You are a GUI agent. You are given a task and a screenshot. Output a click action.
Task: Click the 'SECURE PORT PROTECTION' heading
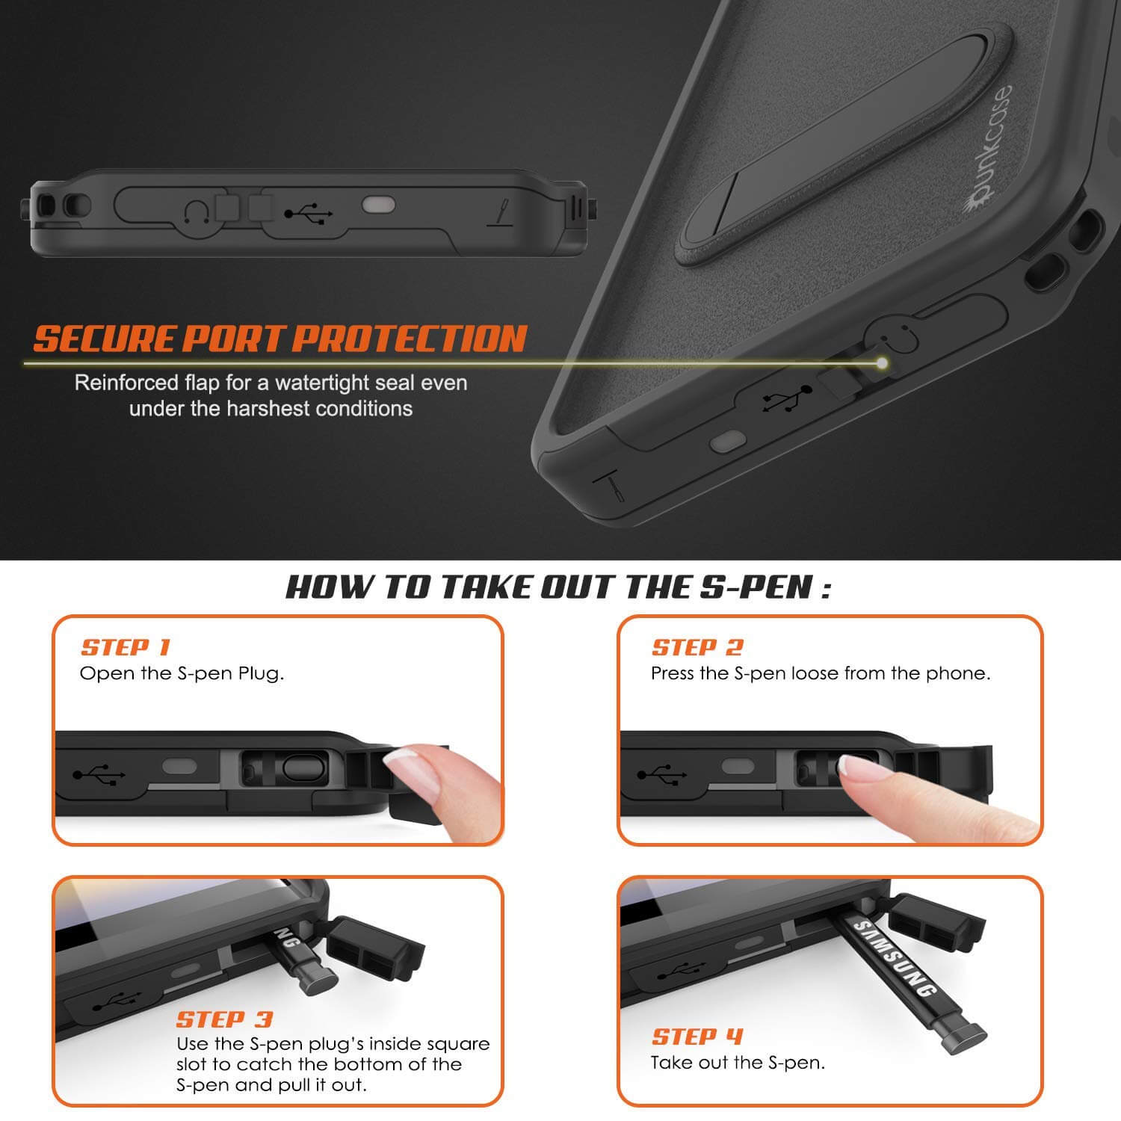[x=280, y=339]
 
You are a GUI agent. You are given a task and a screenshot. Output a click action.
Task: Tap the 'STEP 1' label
[x=126, y=647]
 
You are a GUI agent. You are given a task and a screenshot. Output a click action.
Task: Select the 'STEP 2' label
[x=697, y=647]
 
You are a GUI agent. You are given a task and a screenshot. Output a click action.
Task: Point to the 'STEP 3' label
[x=224, y=1019]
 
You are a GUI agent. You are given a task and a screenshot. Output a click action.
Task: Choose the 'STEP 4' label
[x=697, y=1037]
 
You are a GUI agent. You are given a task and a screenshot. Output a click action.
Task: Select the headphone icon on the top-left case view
[x=195, y=214]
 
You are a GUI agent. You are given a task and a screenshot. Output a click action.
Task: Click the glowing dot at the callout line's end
[x=883, y=363]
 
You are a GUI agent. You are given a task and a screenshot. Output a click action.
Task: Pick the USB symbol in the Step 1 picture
[x=99, y=774]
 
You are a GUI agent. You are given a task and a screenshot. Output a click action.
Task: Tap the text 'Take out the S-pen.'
[x=738, y=1062]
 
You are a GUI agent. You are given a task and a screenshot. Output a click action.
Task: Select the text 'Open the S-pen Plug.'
[x=182, y=673]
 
